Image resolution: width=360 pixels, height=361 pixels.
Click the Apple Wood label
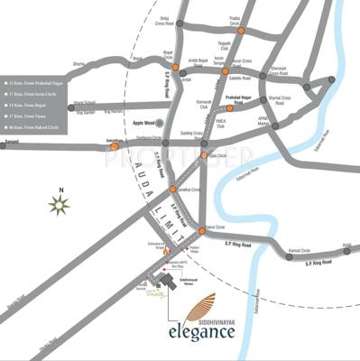[144, 122]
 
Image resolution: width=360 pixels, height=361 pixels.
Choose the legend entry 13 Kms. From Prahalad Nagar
[37, 79]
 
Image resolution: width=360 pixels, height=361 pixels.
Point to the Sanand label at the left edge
[10, 141]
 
